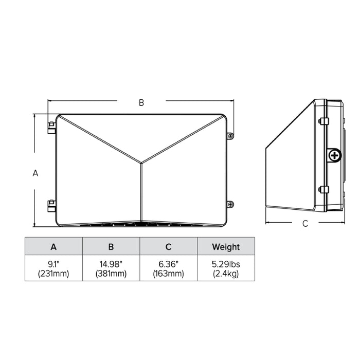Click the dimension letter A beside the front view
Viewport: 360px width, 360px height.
pyautogui.click(x=35, y=173)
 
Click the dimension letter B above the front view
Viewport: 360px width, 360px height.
pyautogui.click(x=141, y=102)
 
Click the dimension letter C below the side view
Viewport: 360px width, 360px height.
pyautogui.click(x=305, y=224)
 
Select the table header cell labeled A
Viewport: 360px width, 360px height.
pyautogui.click(x=54, y=246)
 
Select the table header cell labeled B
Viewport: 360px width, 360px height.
pyautogui.click(x=111, y=246)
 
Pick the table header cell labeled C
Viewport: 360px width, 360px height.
pyautogui.click(x=168, y=246)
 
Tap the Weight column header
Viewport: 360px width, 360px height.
pyautogui.click(x=226, y=246)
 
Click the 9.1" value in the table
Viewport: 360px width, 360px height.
pyautogui.click(x=54, y=263)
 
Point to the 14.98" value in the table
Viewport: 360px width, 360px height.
pyautogui.click(x=111, y=263)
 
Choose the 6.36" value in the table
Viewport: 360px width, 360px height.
pyautogui.click(x=168, y=263)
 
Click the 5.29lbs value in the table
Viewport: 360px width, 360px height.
pyautogui.click(x=226, y=263)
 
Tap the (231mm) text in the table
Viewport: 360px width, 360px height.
pyautogui.click(x=54, y=273)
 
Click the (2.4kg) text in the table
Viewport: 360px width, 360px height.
pyautogui.click(x=226, y=273)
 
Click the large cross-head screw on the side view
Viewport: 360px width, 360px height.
pyautogui.click(x=335, y=154)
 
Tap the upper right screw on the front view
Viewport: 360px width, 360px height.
pyautogui.click(x=230, y=136)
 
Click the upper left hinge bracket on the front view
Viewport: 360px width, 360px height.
pyautogui.click(x=51, y=128)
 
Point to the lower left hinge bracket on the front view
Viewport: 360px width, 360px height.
pyautogui.click(x=51, y=205)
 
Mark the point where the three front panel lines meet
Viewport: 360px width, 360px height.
pyautogui.click(x=141, y=164)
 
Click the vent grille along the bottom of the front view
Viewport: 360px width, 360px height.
pyautogui.click(x=140, y=224)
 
